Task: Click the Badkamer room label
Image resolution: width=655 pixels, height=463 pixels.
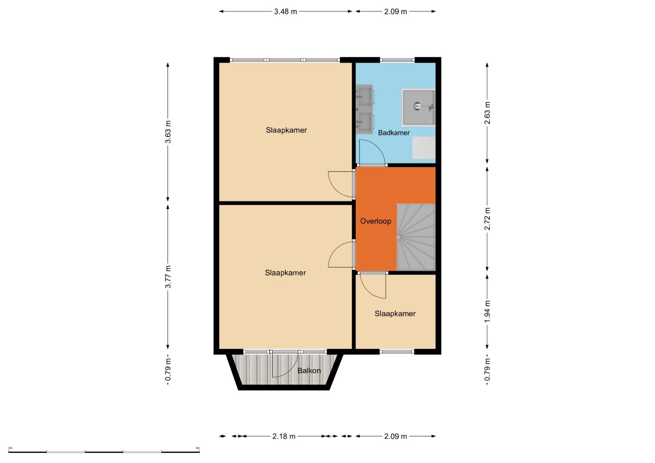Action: [x=393, y=133]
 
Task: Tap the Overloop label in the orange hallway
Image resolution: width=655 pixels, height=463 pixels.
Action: [x=375, y=221]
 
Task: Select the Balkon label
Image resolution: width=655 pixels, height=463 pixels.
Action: [x=309, y=370]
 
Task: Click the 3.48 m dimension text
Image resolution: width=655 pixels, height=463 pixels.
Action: [x=285, y=11]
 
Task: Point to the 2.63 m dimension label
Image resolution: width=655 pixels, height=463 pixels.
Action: [x=487, y=113]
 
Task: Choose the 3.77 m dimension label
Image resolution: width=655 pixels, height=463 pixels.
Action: [x=168, y=277]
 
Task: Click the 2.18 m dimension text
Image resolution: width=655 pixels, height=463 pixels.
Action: [x=284, y=436]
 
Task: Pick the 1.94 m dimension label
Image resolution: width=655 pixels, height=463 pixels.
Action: [x=487, y=312]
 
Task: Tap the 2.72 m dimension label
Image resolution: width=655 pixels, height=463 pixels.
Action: [x=487, y=219]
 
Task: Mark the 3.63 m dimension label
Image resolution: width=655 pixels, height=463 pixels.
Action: [x=168, y=132]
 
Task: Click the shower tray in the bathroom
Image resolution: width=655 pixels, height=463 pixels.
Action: [x=418, y=107]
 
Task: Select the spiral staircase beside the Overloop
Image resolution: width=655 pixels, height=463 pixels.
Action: [x=416, y=237]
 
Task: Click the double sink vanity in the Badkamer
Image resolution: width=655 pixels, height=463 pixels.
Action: [x=365, y=109]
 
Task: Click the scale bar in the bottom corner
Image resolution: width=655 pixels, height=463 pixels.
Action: [x=104, y=452]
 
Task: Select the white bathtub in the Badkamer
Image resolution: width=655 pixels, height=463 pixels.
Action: [x=424, y=148]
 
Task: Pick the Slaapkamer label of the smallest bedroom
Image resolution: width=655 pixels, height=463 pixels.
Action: [x=395, y=314]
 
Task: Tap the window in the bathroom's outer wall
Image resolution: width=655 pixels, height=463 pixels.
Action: [x=397, y=60]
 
